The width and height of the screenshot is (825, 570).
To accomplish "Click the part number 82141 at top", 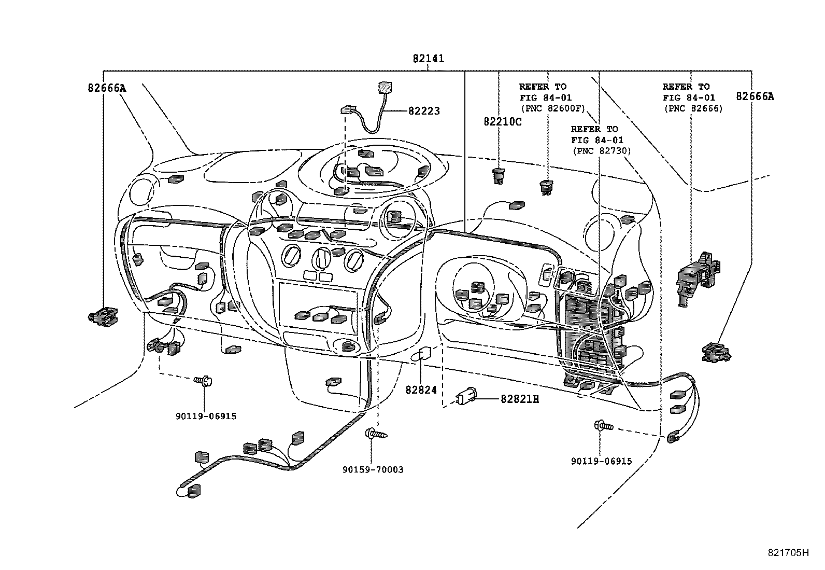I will tap(428, 59).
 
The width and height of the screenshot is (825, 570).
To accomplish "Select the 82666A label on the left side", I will tap(106, 88).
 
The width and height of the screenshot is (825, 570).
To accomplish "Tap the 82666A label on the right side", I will tap(755, 96).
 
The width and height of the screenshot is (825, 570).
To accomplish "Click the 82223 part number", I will tap(423, 111).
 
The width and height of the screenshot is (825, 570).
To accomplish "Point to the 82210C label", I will tap(502, 122).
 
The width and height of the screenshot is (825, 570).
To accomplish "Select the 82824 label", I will tap(421, 390).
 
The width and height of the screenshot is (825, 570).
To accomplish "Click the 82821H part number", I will tap(519, 399).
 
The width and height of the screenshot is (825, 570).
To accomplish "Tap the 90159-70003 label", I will tap(373, 470).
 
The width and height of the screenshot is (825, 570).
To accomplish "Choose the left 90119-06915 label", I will tap(206, 416).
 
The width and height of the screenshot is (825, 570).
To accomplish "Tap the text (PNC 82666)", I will tap(693, 108).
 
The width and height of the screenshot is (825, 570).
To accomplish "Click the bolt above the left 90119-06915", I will tap(204, 381).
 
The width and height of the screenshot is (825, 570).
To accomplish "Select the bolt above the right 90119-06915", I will tap(603, 425).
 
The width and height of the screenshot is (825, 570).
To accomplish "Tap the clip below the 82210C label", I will tap(499, 176).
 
